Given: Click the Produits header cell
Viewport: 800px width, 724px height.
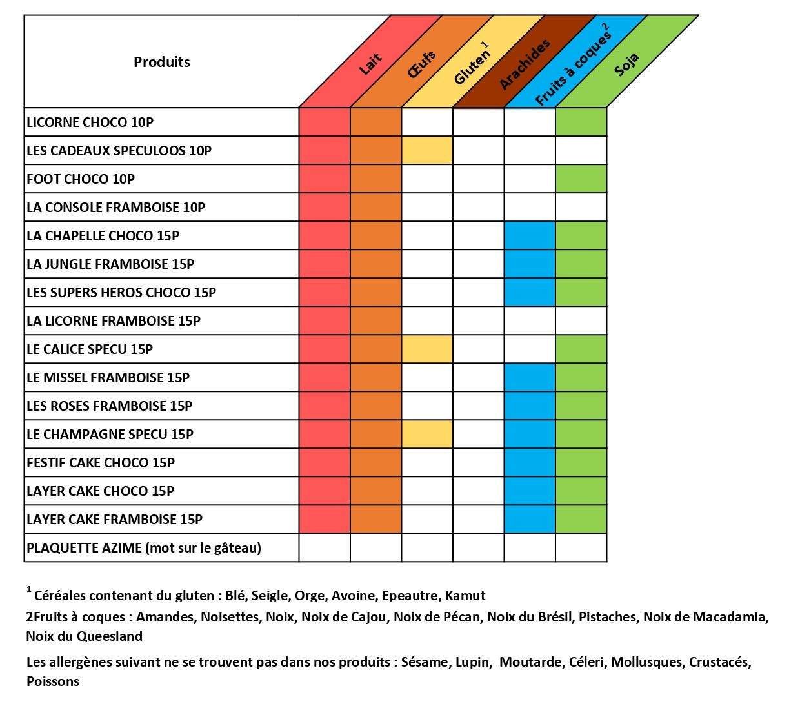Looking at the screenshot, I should pyautogui.click(x=161, y=62).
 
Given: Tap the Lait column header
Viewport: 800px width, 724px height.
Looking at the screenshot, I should pyautogui.click(x=370, y=64).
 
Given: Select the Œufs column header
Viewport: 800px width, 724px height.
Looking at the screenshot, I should pyautogui.click(x=422, y=64).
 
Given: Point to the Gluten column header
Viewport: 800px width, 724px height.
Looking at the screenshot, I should pyautogui.click(x=472, y=64).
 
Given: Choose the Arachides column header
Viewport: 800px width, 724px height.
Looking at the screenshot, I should pyautogui.click(x=525, y=64).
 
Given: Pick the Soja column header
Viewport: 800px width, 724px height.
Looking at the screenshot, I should pyautogui.click(x=626, y=64).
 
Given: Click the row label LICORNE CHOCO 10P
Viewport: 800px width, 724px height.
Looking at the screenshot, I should pyautogui.click(x=90, y=122).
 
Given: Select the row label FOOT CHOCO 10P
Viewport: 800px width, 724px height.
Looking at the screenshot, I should pyautogui.click(x=81, y=179).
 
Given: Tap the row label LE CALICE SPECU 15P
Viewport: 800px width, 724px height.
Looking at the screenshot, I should pyautogui.click(x=90, y=349).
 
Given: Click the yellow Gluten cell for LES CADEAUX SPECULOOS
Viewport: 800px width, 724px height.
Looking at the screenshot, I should pyautogui.click(x=427, y=151).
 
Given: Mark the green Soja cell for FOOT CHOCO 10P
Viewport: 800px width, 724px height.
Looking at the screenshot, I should pyautogui.click(x=581, y=179).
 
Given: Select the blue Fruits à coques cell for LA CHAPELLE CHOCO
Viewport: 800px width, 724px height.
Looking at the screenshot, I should pyautogui.click(x=530, y=236).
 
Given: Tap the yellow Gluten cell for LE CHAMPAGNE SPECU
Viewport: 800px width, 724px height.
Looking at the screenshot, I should pyautogui.click(x=427, y=435).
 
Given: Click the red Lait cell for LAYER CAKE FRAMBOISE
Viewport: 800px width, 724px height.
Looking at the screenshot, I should pyautogui.click(x=325, y=520).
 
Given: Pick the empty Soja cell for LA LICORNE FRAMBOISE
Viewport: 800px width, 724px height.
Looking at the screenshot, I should pyautogui.click(x=581, y=321).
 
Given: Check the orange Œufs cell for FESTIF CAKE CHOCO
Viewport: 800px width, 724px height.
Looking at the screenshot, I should pyautogui.click(x=376, y=463).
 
